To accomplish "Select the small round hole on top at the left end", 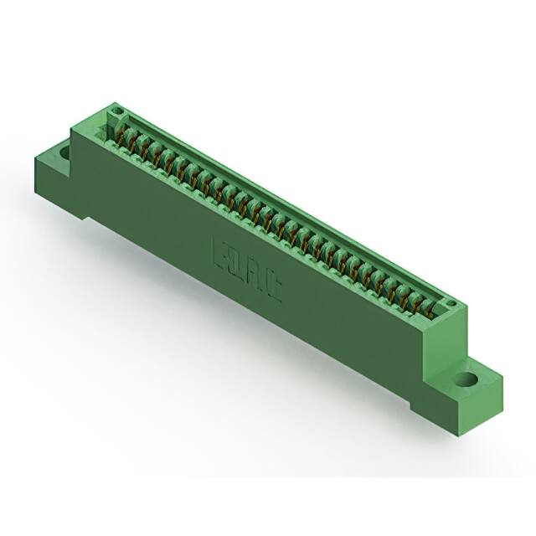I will pos(117,111).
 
